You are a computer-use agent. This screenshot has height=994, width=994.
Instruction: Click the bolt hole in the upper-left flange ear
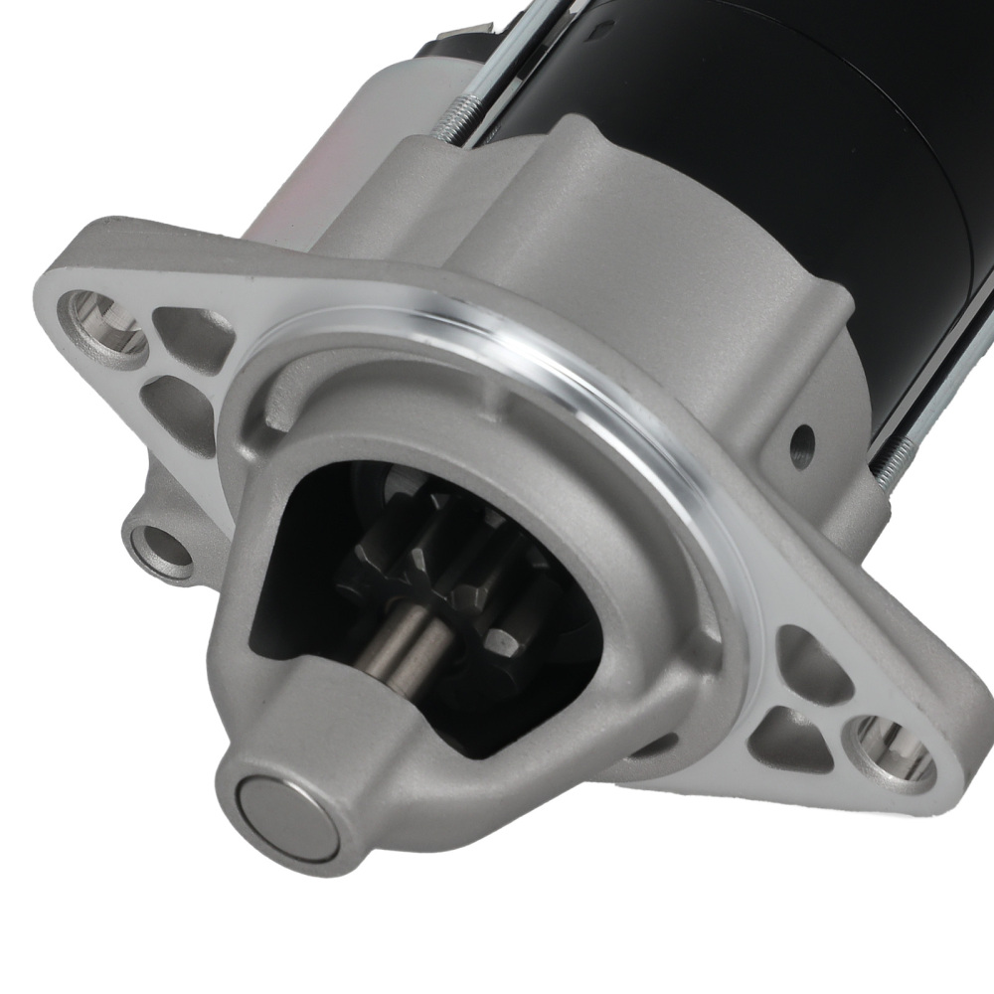103,323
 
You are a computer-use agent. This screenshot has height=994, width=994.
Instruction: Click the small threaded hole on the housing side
801,436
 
